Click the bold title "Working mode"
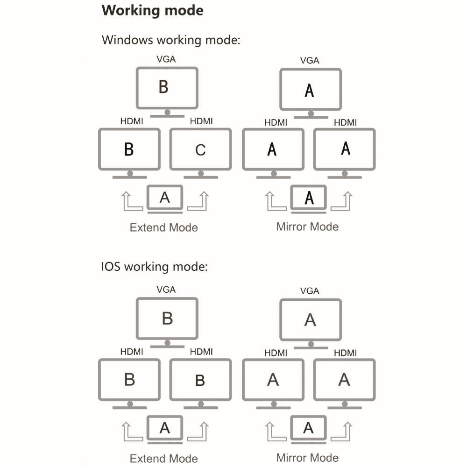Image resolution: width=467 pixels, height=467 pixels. coord(152,11)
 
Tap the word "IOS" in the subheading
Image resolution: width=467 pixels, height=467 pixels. coord(111,267)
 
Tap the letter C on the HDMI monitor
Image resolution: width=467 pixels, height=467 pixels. coord(200,150)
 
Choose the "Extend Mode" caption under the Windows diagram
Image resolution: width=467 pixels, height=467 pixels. coord(163,228)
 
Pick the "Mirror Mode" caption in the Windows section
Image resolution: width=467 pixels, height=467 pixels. coord(307,227)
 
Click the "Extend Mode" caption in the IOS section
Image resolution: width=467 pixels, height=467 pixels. coord(163,459)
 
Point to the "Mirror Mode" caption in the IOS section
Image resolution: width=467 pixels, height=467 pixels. coord(307,458)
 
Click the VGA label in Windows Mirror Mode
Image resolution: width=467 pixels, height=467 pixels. coord(310,60)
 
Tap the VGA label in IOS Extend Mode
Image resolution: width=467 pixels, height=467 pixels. coord(166,290)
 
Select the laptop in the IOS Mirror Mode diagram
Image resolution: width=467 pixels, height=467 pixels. coord(309,429)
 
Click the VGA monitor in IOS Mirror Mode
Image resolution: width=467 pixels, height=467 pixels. coord(311,320)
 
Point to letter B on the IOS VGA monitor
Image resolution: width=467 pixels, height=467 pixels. coord(167,318)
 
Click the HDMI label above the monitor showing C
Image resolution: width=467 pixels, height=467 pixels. coord(201,121)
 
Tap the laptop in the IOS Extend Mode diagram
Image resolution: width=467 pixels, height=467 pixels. coord(165,429)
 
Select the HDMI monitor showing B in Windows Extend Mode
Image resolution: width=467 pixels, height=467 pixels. coord(129,149)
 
